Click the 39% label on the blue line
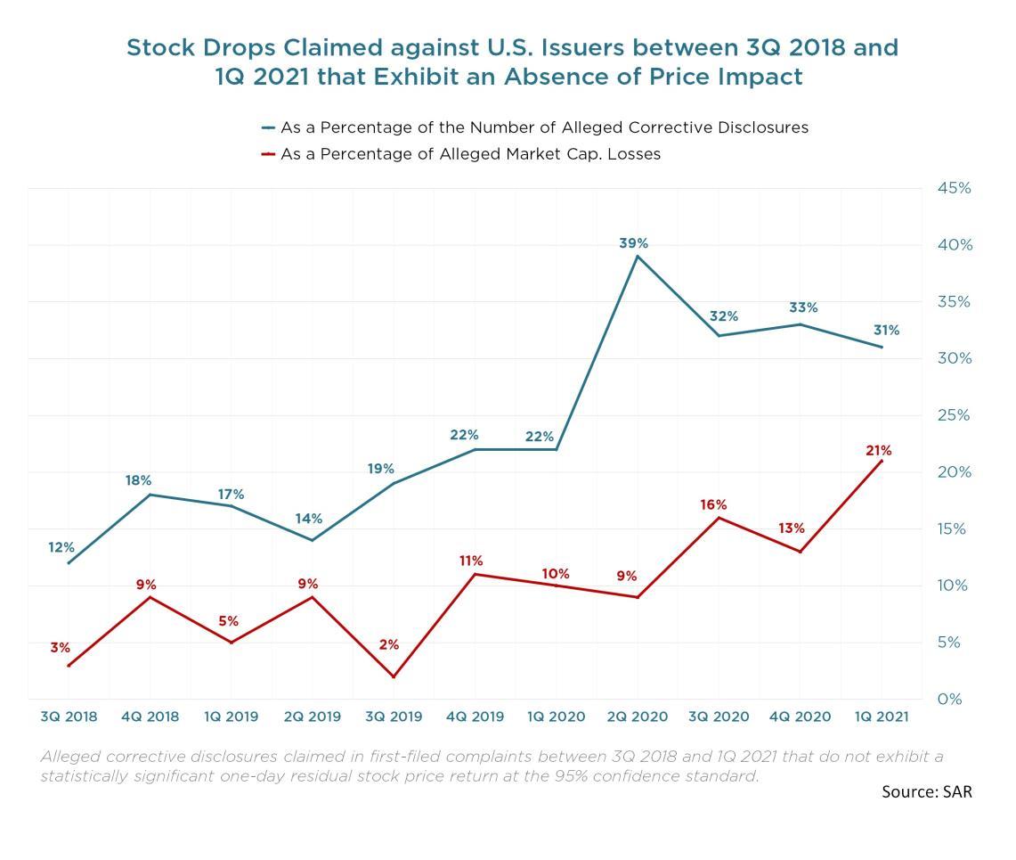(x=634, y=243)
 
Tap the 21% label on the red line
(x=879, y=451)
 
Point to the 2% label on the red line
(x=389, y=644)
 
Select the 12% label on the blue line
(x=61, y=547)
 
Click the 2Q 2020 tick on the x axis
(x=638, y=717)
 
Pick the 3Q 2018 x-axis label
(x=69, y=717)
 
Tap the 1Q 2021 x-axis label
(x=882, y=717)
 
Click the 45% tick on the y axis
(x=953, y=188)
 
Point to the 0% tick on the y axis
(x=950, y=700)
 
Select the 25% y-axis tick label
(x=953, y=415)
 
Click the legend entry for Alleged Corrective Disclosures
(x=543, y=127)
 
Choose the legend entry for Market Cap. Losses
(x=470, y=154)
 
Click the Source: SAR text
(x=927, y=791)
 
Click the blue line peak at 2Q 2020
(x=638, y=257)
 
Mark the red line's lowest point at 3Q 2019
(x=394, y=676)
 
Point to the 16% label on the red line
(x=713, y=505)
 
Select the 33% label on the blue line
(x=803, y=308)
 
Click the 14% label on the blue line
(x=309, y=520)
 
